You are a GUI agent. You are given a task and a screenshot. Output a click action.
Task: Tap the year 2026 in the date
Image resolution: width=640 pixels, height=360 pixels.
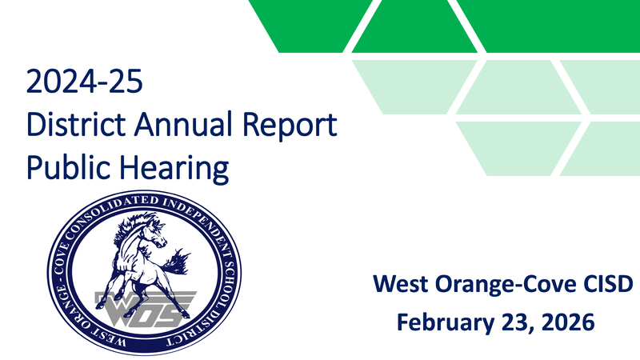(x=566, y=322)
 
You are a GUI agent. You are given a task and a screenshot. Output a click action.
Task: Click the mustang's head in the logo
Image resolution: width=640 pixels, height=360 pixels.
(x=152, y=232)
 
